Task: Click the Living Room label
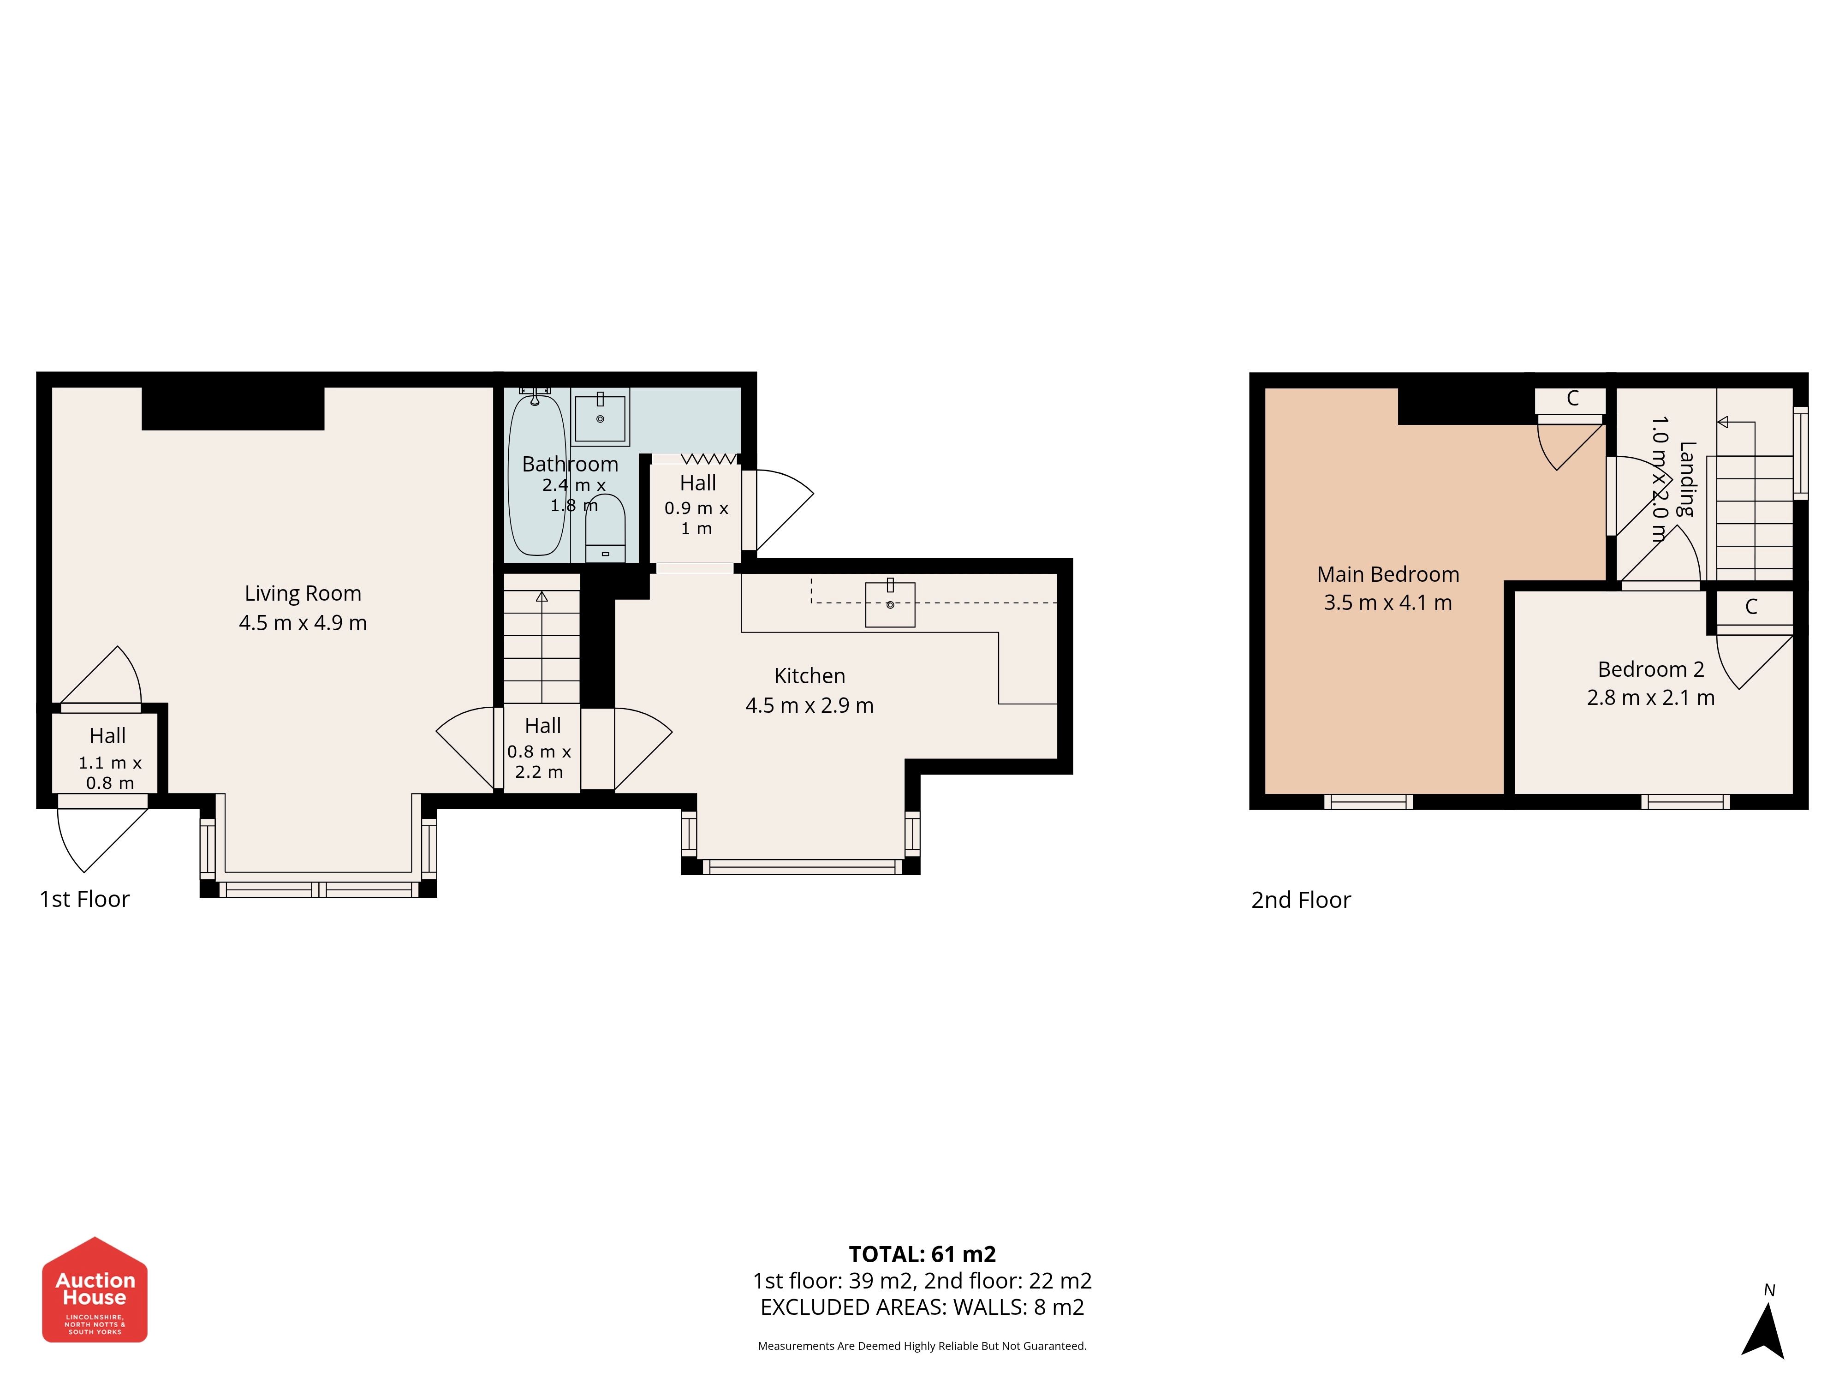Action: click(x=303, y=593)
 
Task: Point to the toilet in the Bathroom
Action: click(x=605, y=528)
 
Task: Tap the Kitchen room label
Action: click(x=809, y=676)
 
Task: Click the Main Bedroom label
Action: click(x=1388, y=575)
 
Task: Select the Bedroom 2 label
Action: click(x=1651, y=669)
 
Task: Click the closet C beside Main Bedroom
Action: click(x=1571, y=399)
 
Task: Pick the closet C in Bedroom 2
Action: click(x=1751, y=607)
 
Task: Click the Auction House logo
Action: click(x=95, y=1289)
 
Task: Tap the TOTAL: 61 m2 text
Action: click(x=922, y=1254)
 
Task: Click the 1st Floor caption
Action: click(x=84, y=899)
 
